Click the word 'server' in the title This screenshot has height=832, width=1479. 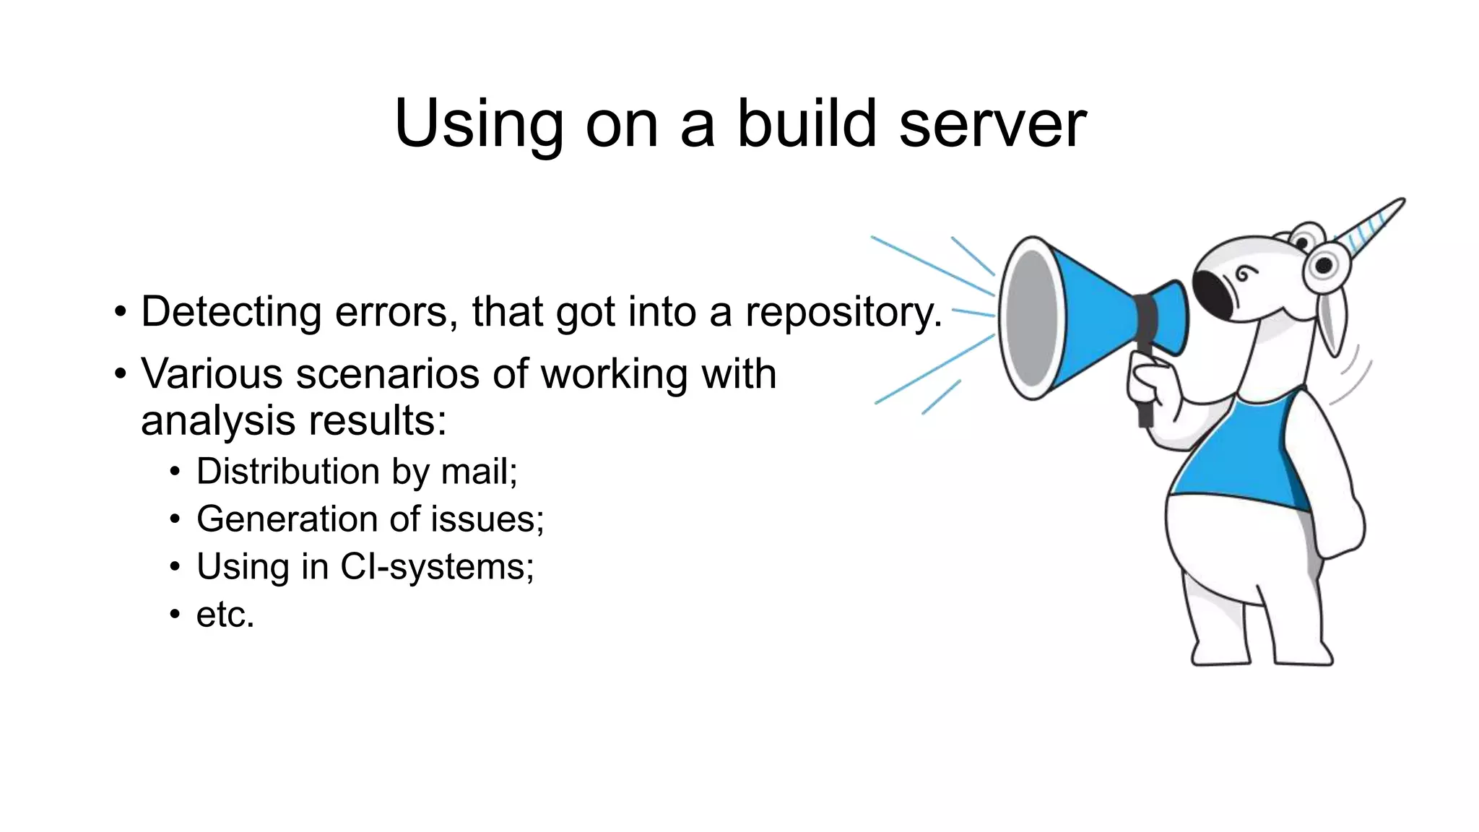click(992, 124)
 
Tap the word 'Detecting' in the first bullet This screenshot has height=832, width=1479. click(231, 312)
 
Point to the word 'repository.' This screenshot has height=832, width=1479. click(843, 313)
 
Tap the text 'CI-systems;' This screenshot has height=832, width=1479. click(437, 567)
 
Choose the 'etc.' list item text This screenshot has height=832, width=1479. click(225, 615)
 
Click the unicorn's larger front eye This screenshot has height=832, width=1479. click(1324, 266)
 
